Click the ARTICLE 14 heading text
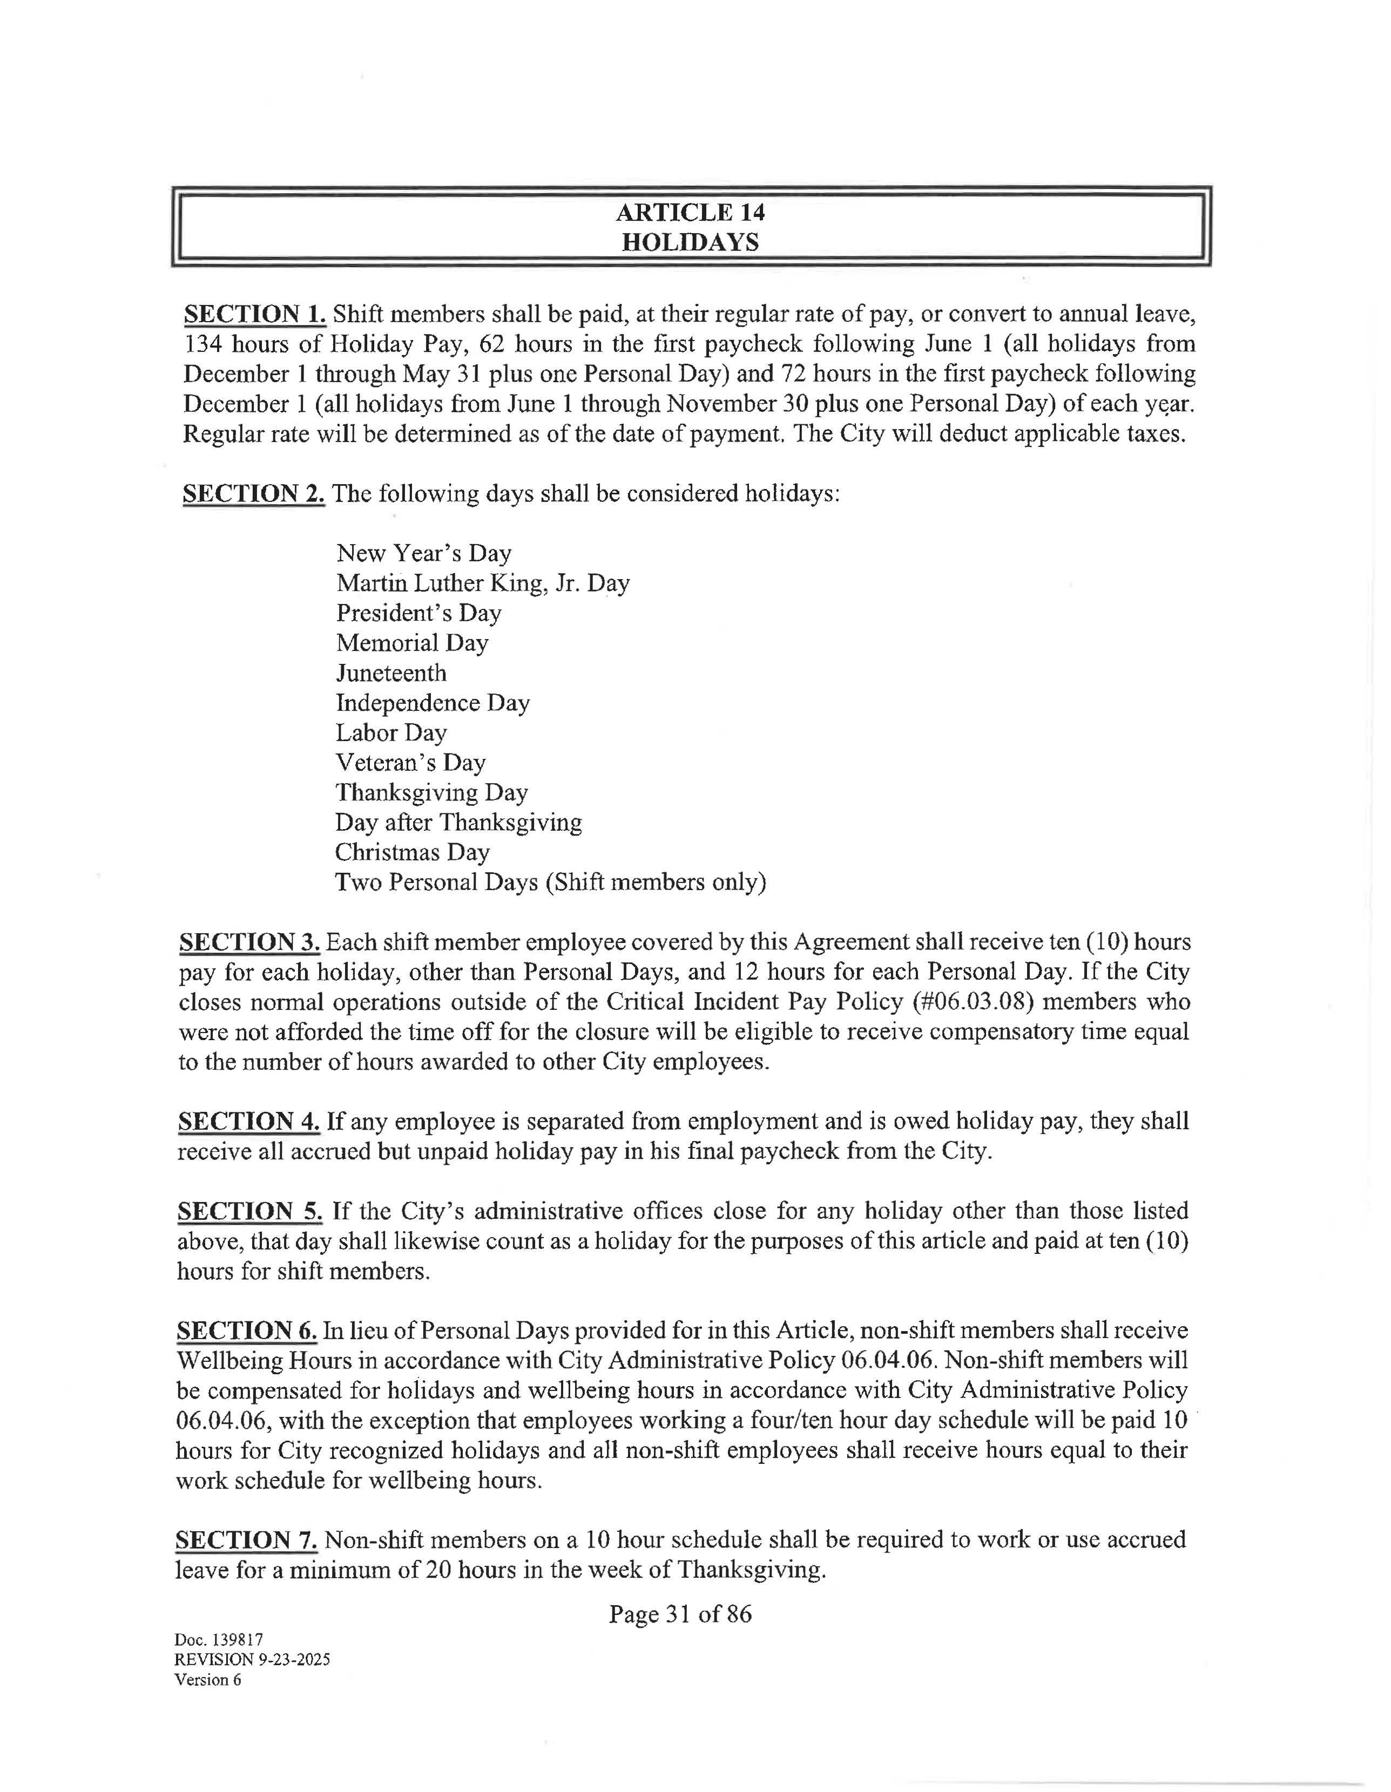pyautogui.click(x=690, y=213)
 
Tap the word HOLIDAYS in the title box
pyautogui.click(x=690, y=243)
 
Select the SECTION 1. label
pyautogui.click(x=254, y=314)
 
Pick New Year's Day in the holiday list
pyautogui.click(x=423, y=553)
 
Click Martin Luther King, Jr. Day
pyautogui.click(x=483, y=583)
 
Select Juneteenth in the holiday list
pyautogui.click(x=391, y=673)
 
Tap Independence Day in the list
pyautogui.click(x=433, y=703)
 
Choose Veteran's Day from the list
pyautogui.click(x=410, y=763)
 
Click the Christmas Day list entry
pyautogui.click(x=412, y=852)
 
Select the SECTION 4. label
pyautogui.click(x=248, y=1122)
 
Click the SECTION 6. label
pyautogui.click(x=247, y=1331)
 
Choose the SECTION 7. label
pyautogui.click(x=246, y=1540)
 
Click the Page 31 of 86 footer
pyautogui.click(x=679, y=1615)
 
